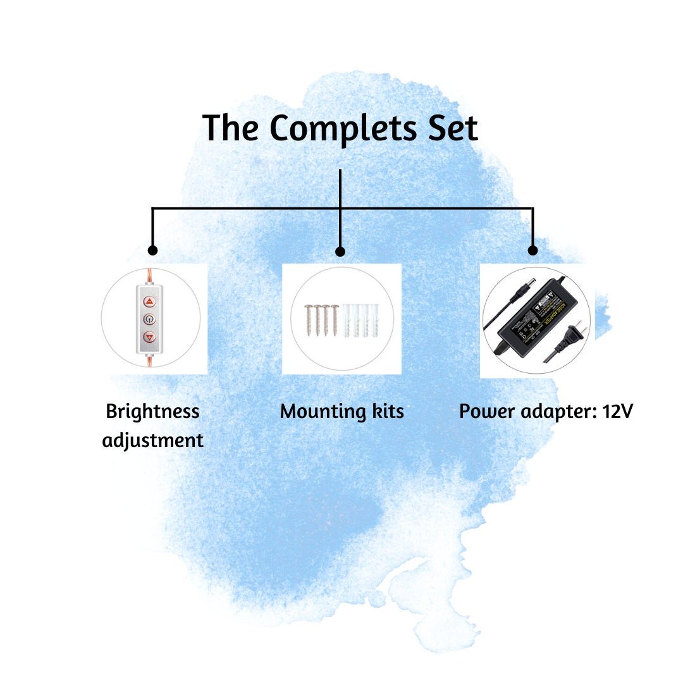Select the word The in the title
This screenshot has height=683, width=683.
click(x=230, y=128)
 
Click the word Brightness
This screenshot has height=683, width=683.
click(x=152, y=412)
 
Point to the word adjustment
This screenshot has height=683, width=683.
click(x=153, y=440)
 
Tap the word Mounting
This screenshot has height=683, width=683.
click(x=319, y=412)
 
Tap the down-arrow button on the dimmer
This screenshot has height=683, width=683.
click(x=149, y=336)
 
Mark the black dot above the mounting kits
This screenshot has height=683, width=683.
click(x=340, y=252)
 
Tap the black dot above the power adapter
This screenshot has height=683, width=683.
click(x=532, y=250)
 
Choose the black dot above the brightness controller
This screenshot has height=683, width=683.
click(x=152, y=250)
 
